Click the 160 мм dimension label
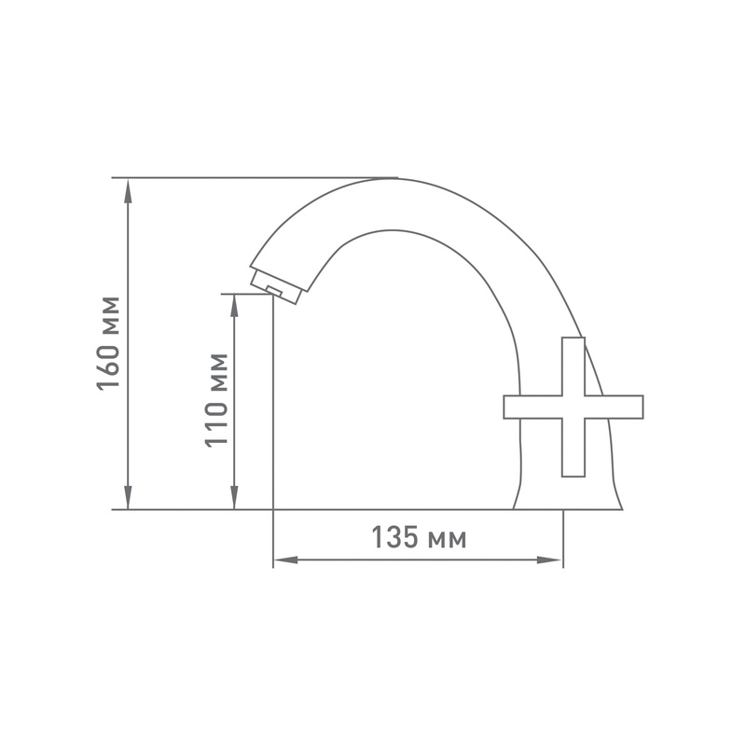point(109,342)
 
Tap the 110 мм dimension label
point(215,400)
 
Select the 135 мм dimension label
point(419,539)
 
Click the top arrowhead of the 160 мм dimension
point(129,186)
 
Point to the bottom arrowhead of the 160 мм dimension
point(129,501)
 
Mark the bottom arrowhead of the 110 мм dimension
point(234,501)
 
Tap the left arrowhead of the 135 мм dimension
point(283,560)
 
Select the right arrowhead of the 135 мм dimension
point(553,560)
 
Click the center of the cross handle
point(573,407)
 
